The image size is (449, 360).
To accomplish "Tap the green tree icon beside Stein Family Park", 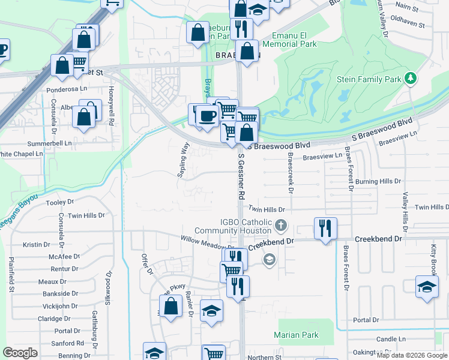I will click(411, 79).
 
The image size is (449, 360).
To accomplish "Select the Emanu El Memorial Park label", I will click(294, 40).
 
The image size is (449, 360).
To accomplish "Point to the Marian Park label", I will click(296, 335).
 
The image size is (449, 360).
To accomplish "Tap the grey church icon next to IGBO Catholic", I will click(281, 227).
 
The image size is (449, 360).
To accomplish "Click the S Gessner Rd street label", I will click(241, 176).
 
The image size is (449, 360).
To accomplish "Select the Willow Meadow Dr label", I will click(208, 243).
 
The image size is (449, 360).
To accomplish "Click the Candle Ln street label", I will click(387, 339).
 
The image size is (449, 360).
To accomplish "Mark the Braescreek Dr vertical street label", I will click(290, 172).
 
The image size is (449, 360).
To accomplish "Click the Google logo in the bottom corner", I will click(20, 352).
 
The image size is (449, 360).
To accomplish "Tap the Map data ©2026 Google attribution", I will click(412, 355).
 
